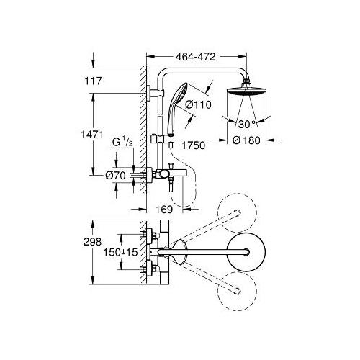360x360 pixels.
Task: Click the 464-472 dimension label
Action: coord(196,57)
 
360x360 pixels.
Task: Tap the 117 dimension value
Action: coord(93,81)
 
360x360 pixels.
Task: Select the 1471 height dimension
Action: coord(92,135)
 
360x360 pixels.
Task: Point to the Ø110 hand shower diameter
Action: coord(199,104)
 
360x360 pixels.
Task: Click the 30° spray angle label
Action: coord(247,125)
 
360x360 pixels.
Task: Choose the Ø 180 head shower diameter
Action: coord(246,140)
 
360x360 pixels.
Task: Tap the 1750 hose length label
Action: coord(193,145)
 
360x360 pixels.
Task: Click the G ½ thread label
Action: coord(122,142)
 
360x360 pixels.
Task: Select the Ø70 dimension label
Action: coord(115,176)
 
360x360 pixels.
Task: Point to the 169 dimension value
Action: coord(164,210)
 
